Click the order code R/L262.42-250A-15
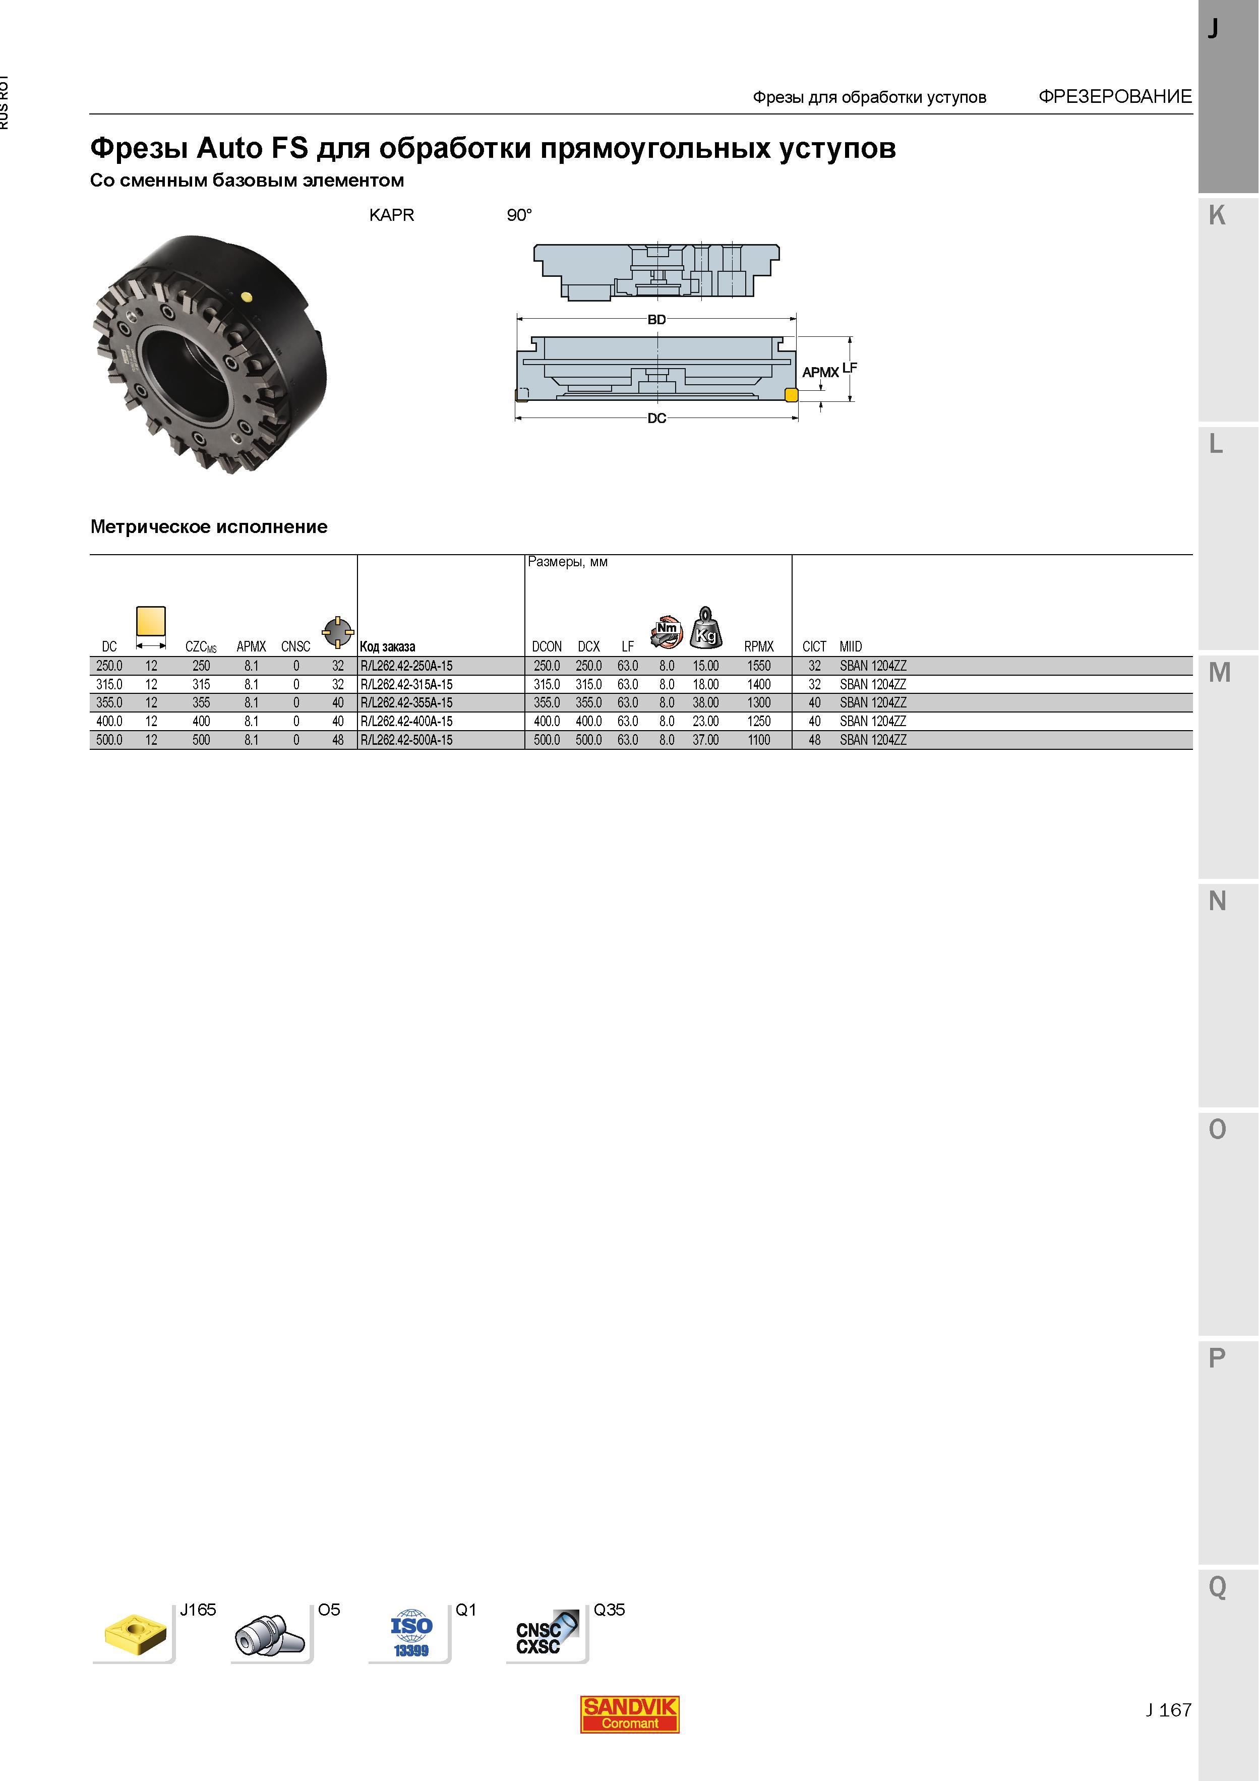click(406, 666)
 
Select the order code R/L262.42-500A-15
click(406, 740)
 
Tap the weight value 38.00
click(706, 703)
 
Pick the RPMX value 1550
click(759, 666)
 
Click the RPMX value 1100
click(759, 740)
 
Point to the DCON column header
click(547, 646)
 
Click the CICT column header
click(814, 646)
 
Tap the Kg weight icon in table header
click(706, 628)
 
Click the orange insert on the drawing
click(791, 395)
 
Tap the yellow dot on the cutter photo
click(247, 295)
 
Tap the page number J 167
click(1168, 1709)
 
